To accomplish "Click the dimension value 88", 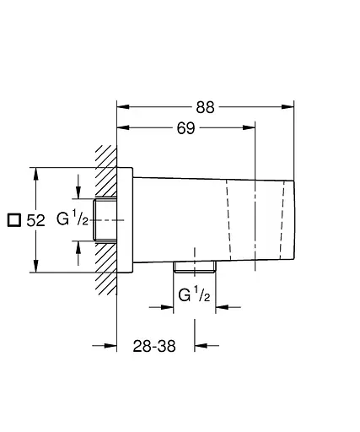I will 205,107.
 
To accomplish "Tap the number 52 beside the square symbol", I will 35,220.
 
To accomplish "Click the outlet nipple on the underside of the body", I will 195,267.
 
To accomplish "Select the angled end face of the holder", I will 293,219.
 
